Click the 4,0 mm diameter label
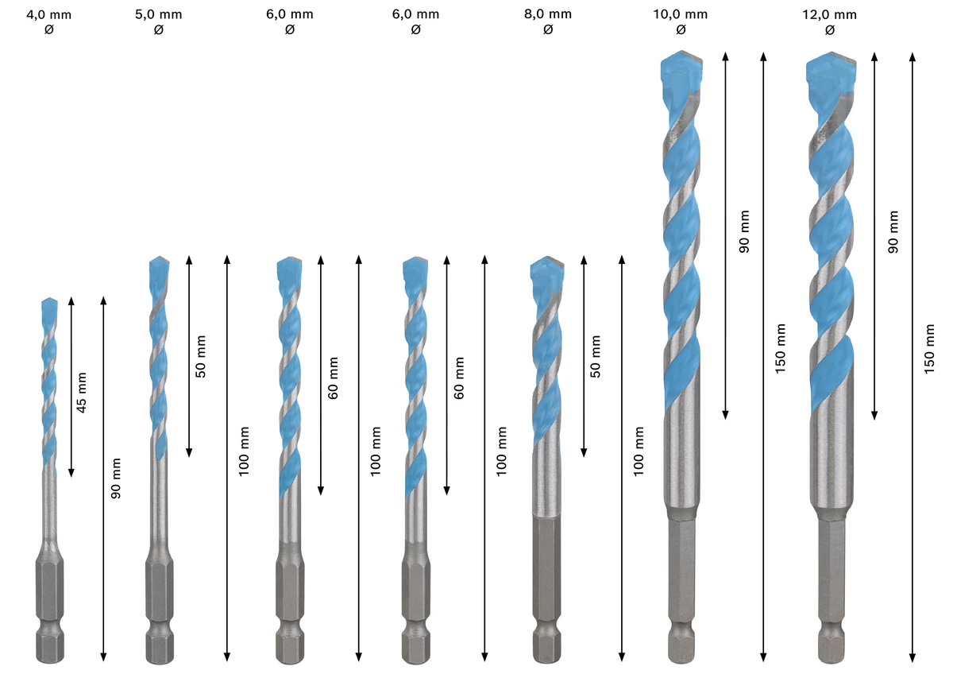click(49, 15)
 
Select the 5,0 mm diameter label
click(159, 14)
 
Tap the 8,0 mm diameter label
click(548, 14)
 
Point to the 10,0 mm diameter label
click(681, 14)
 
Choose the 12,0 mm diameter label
click(830, 15)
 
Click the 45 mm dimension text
click(81, 393)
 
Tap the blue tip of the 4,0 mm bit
click(49, 308)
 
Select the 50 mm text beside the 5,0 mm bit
click(200, 356)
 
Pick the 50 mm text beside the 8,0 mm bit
click(596, 356)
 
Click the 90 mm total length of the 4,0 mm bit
click(116, 478)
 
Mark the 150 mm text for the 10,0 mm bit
click(780, 349)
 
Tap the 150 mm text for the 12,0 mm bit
click(929, 349)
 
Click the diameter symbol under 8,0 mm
click(548, 29)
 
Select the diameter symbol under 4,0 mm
click(49, 29)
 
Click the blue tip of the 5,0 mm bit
click(159, 268)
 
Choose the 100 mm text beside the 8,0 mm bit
click(639, 451)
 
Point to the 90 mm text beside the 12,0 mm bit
click(893, 232)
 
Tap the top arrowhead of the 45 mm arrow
click(71, 301)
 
